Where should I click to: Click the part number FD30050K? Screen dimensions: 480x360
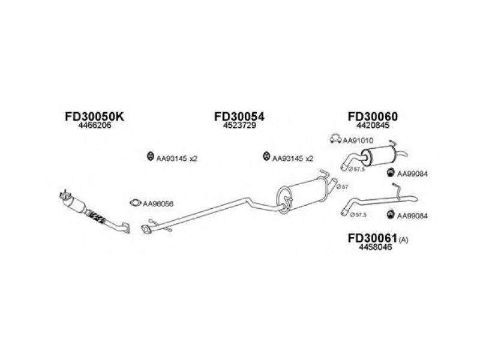(x=94, y=116)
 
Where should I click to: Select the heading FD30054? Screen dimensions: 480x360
(x=239, y=116)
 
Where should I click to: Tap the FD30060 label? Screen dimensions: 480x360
(x=373, y=116)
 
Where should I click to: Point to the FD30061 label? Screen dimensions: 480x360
(x=372, y=238)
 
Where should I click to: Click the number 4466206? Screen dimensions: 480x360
(x=95, y=125)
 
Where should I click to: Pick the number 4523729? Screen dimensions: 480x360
(x=239, y=125)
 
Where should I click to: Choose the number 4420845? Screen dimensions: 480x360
(x=373, y=125)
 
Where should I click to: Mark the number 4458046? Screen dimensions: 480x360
(x=376, y=247)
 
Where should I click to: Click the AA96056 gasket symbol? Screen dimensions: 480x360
(x=135, y=203)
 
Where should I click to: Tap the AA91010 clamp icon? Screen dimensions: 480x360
(x=335, y=139)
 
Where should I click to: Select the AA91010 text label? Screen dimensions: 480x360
(x=358, y=141)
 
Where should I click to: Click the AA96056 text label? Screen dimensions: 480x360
(x=158, y=204)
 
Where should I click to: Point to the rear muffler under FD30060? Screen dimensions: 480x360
(x=379, y=157)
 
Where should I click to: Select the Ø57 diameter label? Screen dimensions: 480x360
(x=342, y=187)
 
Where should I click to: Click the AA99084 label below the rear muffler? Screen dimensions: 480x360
(x=412, y=174)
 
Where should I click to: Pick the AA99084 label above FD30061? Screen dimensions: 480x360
(x=412, y=216)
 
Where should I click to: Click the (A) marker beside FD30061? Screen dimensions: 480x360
(x=403, y=241)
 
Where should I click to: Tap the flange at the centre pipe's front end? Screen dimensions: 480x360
(x=146, y=229)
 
